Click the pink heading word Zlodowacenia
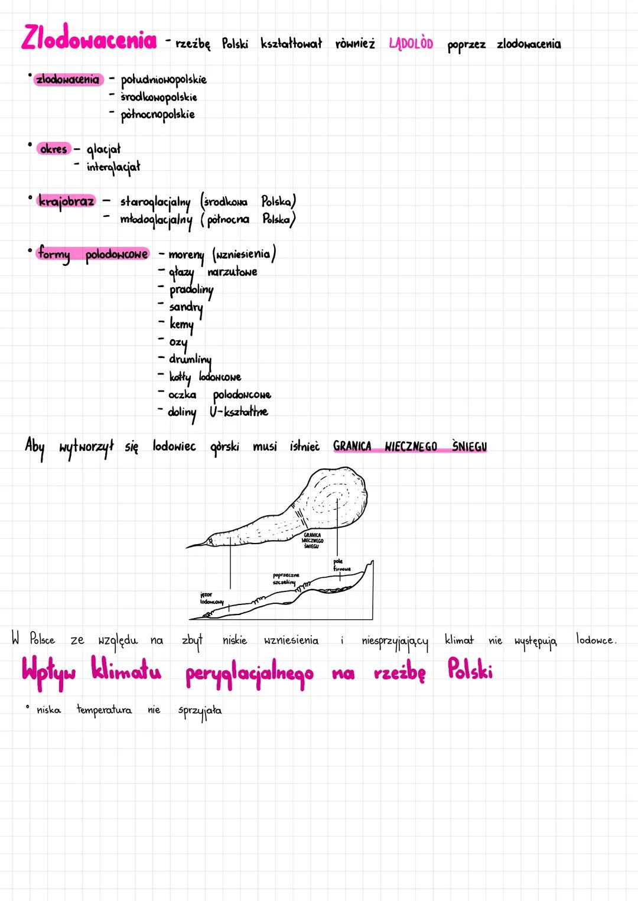point(89,39)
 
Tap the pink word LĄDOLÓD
point(411,44)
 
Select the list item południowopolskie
point(164,80)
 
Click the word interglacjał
point(113,167)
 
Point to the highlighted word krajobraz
point(66,201)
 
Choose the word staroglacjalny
point(155,202)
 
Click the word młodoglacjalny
point(156,220)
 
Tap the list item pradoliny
point(191,290)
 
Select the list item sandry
point(185,307)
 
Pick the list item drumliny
point(190,359)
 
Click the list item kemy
point(181,324)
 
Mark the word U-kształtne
point(239,412)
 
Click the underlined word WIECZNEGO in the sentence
point(411,447)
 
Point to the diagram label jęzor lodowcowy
point(211,598)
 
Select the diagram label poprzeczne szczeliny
point(286,578)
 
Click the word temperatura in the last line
point(104,710)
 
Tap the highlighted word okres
point(53,149)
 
